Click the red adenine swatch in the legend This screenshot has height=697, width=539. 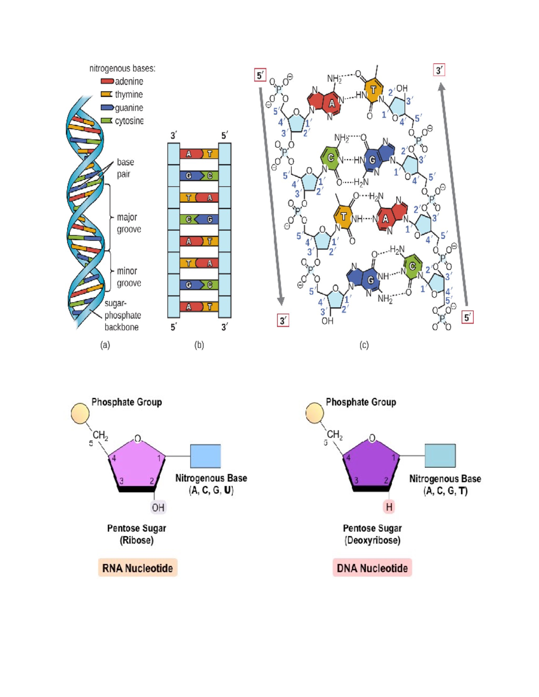107,81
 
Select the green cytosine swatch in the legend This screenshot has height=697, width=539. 106,121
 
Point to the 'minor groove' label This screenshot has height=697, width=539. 129,277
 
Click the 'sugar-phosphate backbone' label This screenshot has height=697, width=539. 122,315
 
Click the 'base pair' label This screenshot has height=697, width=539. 125,168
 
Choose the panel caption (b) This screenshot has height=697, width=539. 199,345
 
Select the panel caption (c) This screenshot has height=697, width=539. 364,345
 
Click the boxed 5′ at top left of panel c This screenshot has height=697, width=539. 260,75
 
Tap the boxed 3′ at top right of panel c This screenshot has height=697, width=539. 439,70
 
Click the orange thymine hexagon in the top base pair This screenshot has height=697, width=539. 373,90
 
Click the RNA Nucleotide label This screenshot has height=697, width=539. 137,568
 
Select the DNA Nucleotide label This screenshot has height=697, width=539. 372,568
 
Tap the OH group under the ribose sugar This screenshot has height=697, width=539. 158,508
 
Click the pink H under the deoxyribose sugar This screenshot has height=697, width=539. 389,507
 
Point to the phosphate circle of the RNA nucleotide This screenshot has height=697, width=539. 80,413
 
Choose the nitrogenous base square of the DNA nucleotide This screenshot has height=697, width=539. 440,456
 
